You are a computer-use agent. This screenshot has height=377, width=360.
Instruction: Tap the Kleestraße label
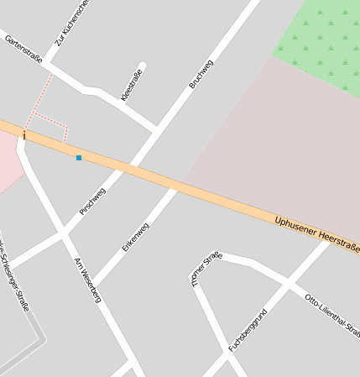click(132, 85)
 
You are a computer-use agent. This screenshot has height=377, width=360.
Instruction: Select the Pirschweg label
click(92, 202)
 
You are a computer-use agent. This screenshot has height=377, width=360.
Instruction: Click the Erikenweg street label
click(136, 237)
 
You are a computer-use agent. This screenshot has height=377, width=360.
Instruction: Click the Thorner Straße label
click(206, 269)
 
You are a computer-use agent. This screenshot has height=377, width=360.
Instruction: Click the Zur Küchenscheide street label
click(71, 23)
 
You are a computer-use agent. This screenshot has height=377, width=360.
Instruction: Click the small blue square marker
click(79, 158)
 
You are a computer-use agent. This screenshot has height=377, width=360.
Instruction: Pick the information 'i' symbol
click(24, 135)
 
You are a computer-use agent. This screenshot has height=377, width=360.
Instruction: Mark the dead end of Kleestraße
click(143, 65)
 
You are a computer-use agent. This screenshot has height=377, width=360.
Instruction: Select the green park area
click(323, 34)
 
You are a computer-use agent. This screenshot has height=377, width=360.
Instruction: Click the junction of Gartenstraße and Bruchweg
click(155, 129)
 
